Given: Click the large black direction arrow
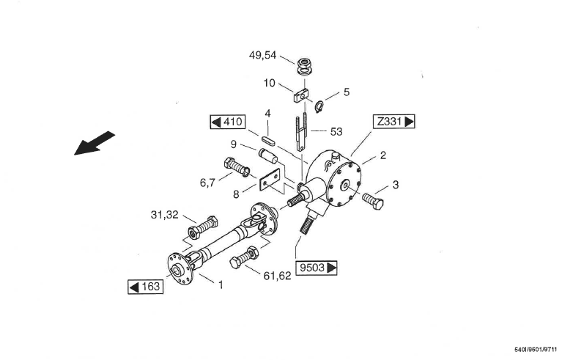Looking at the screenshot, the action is (95, 143).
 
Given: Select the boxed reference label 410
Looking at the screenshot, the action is (228, 122).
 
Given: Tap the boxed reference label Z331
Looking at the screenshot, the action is (394, 121).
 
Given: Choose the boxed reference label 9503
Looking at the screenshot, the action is (316, 268).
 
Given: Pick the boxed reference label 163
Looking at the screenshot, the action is (145, 287).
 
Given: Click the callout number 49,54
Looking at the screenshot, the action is (263, 55).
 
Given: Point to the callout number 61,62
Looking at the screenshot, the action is (278, 276).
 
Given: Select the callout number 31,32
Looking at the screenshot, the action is (164, 215).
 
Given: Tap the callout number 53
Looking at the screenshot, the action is (336, 131).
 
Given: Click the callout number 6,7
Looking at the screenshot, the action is (207, 183).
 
